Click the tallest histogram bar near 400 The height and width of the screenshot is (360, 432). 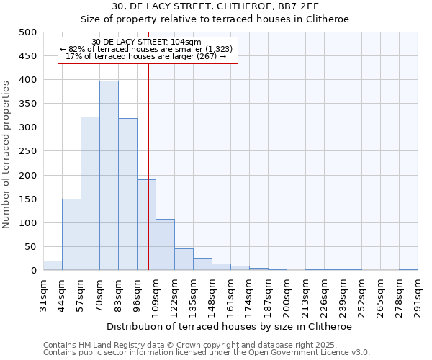click(x=109, y=176)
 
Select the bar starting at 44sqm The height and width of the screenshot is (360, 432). click(x=71, y=235)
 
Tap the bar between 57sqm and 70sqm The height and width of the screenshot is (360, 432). click(x=90, y=194)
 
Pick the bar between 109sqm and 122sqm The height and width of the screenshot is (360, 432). click(x=165, y=245)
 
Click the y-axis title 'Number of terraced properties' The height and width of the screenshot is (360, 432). click(x=7, y=154)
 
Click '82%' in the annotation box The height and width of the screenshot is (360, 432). click(x=77, y=49)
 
